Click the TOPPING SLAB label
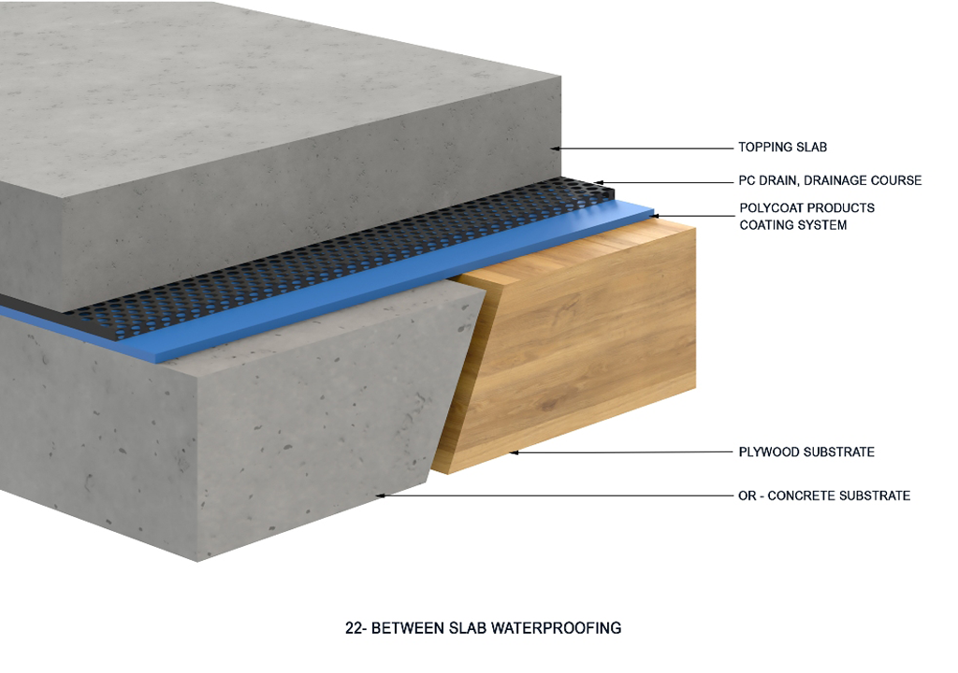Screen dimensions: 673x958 pyautogui.click(x=782, y=148)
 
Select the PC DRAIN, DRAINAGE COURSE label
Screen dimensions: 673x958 pyautogui.click(x=830, y=180)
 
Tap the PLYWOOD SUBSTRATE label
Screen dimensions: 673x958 pyautogui.click(x=806, y=452)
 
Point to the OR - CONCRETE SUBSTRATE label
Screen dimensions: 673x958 pyautogui.click(x=824, y=495)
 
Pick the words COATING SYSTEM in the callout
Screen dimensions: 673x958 pyautogui.click(x=793, y=225)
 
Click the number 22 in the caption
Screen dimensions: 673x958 pyautogui.click(x=354, y=628)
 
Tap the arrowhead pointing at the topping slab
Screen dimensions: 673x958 pyautogui.click(x=554, y=148)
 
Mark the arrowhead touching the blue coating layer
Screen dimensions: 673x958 pyautogui.click(x=656, y=216)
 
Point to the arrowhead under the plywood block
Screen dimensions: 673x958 pyautogui.click(x=513, y=453)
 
